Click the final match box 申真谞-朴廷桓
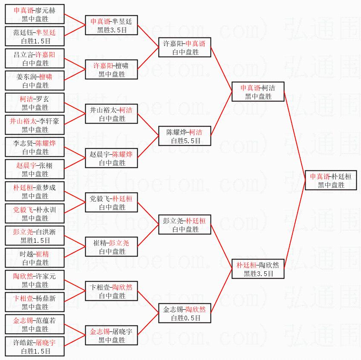click(x=331, y=180)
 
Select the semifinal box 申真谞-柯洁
click(x=257, y=92)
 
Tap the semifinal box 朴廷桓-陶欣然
click(x=257, y=269)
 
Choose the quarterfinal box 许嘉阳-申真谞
click(x=185, y=47)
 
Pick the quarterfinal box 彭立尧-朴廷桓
click(x=185, y=225)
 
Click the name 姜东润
click(x=26, y=77)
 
